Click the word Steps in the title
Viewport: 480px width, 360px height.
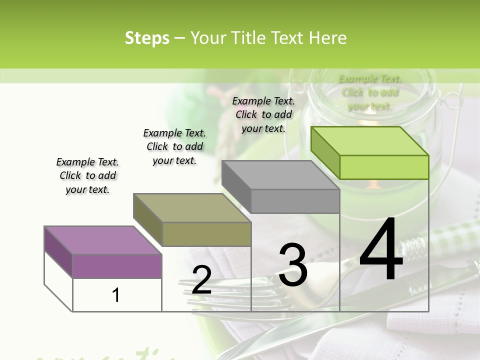146,38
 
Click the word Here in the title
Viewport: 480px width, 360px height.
328,38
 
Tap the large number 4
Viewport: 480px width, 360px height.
381,249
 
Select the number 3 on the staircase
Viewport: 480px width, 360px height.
293,265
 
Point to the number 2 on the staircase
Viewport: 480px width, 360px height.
201,280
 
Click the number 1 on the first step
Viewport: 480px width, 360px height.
116,295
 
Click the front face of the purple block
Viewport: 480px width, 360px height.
117,266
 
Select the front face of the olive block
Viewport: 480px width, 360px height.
206,234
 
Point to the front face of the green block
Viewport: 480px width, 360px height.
384,167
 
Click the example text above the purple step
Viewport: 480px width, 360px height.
87,175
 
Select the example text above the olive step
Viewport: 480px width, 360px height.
174,146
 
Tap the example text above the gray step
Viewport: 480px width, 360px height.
263,114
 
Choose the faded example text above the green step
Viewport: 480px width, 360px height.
370,92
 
